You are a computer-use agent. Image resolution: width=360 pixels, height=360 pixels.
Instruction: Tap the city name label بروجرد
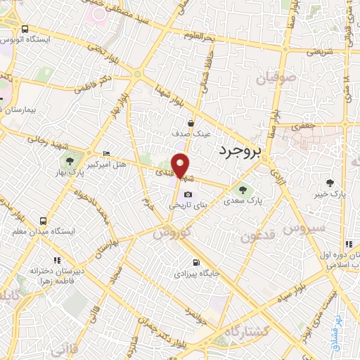click(x=240, y=150)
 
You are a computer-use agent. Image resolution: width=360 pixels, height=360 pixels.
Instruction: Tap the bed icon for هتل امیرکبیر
click(x=106, y=154)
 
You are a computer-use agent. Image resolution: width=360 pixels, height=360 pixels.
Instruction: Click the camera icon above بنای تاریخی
click(x=188, y=195)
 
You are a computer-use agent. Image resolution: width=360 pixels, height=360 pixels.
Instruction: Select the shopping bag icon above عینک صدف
click(x=191, y=122)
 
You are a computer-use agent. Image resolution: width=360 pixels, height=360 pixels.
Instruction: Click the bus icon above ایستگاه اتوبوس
click(x=25, y=30)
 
